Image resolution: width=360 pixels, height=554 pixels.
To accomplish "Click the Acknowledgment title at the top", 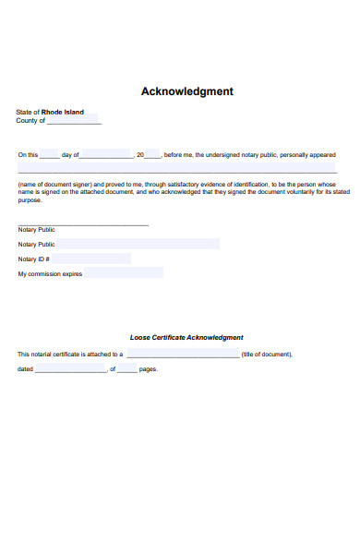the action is [x=186, y=91].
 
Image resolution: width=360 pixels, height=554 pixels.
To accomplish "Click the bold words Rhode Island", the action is [x=63, y=112].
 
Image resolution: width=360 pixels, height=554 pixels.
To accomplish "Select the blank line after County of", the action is [x=74, y=121].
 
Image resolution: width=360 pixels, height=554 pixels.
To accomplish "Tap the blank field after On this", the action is [x=49, y=154].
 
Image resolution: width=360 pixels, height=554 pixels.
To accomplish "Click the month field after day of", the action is [x=107, y=154].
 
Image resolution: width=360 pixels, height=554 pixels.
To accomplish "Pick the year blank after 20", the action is [x=152, y=154].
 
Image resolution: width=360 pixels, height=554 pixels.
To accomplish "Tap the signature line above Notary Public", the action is [x=83, y=224].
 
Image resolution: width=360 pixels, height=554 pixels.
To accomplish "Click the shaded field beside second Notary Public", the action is [x=138, y=244].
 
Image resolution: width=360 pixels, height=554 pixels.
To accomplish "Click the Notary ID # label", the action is [x=33, y=259].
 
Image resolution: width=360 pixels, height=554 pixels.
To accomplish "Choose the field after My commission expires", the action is [x=124, y=273].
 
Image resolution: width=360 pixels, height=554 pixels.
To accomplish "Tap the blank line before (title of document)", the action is [x=182, y=354].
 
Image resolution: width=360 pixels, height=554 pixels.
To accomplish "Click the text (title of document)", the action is [x=267, y=354].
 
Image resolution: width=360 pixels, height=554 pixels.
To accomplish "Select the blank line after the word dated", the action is [x=70, y=369].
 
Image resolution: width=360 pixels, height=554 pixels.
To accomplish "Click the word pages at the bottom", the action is [x=148, y=369].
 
